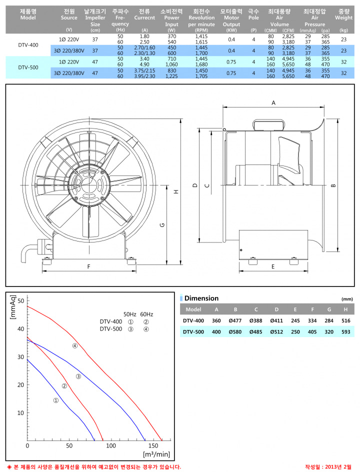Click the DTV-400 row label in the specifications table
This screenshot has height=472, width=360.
[x=28, y=45]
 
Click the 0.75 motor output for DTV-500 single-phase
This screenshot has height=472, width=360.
[x=231, y=62]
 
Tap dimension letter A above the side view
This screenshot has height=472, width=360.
[x=273, y=103]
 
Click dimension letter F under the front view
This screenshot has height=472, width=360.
[x=89, y=266]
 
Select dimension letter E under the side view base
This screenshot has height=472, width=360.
[x=273, y=266]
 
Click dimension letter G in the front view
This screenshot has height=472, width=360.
[x=162, y=224]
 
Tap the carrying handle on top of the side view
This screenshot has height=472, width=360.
[x=267, y=124]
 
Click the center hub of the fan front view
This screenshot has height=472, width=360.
[x=88, y=183]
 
